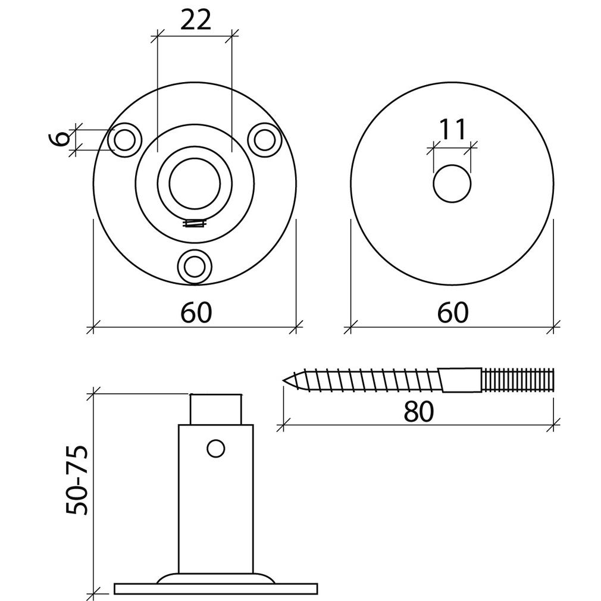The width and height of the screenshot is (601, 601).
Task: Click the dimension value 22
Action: click(x=196, y=20)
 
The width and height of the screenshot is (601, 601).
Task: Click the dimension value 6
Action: click(x=60, y=139)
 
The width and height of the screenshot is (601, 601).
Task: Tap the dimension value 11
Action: click(x=452, y=129)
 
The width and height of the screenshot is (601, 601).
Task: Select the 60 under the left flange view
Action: click(x=196, y=312)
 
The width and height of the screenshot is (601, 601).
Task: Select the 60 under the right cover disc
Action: click(x=453, y=312)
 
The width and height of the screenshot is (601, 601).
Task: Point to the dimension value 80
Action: click(x=418, y=411)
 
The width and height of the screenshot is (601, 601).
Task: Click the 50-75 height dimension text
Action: click(x=77, y=480)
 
